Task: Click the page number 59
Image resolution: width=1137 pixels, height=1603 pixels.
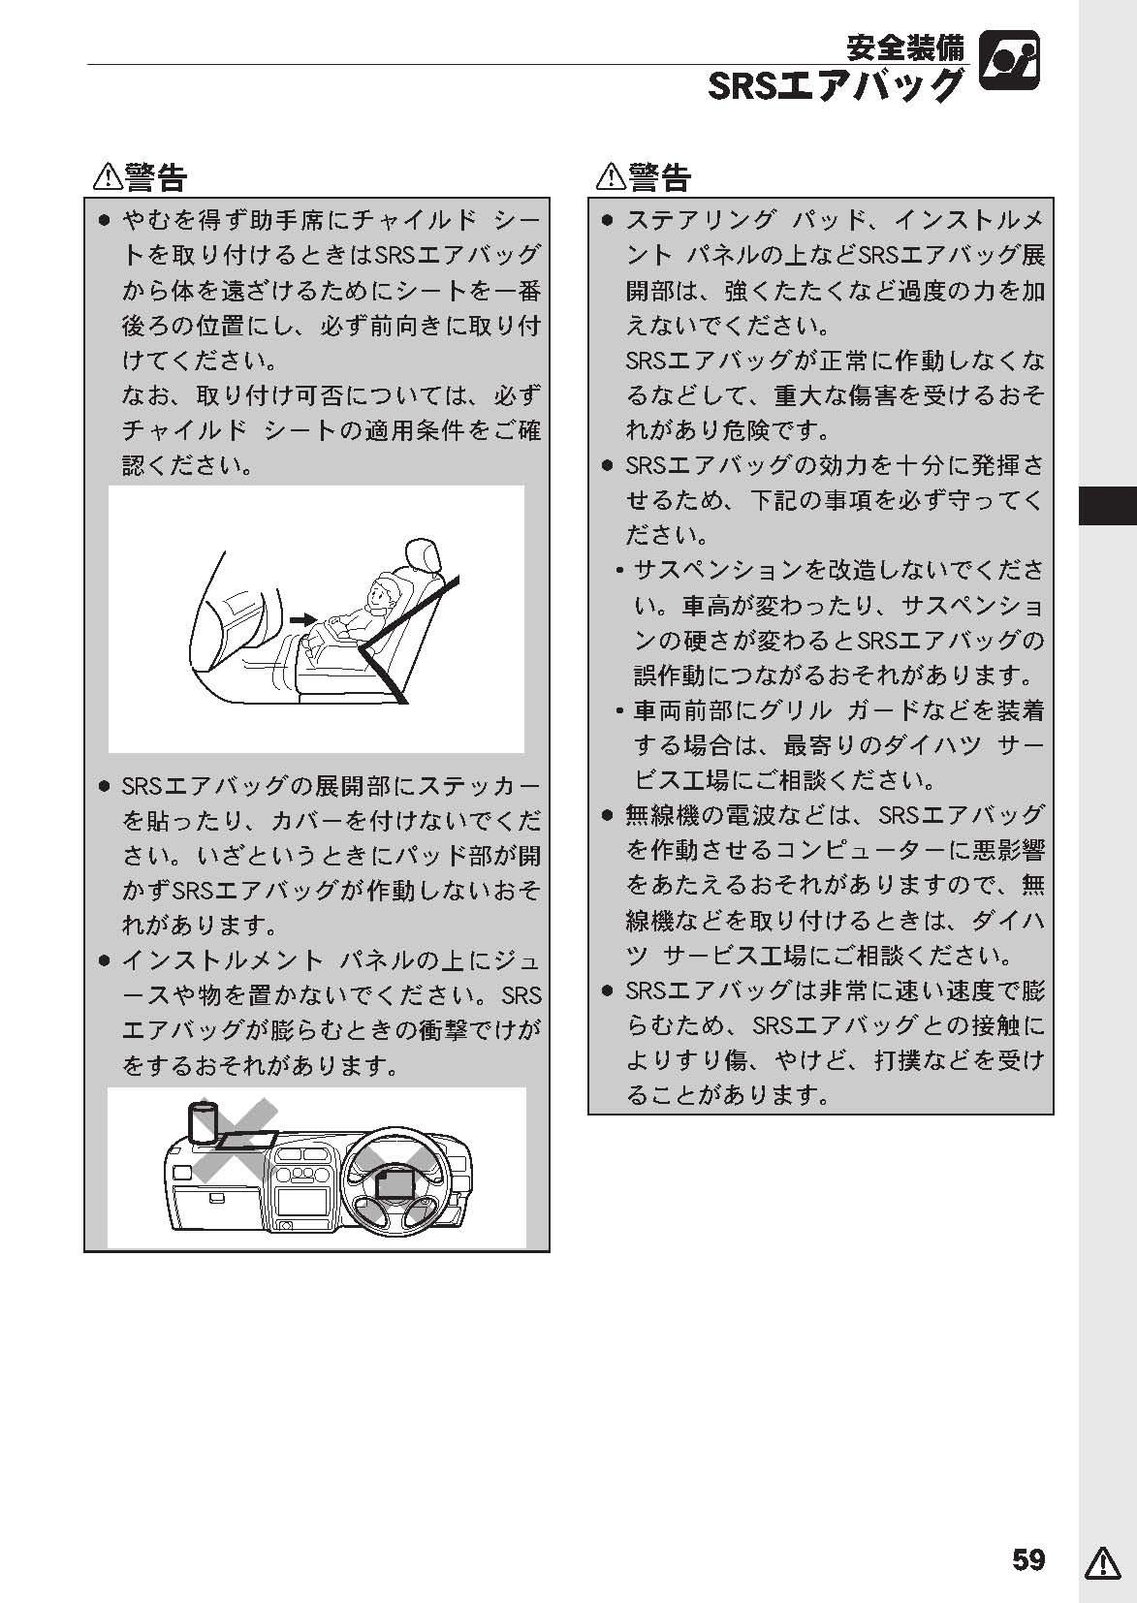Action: pyautogui.click(x=1028, y=1559)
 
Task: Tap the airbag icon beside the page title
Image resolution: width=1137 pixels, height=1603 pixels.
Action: pyautogui.click(x=1010, y=60)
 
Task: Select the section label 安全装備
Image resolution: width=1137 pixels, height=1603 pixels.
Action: pyautogui.click(x=905, y=47)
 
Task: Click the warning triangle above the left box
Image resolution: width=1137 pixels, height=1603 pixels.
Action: pyautogui.click(x=108, y=176)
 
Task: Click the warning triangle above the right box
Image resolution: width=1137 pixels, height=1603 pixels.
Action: pyautogui.click(x=612, y=176)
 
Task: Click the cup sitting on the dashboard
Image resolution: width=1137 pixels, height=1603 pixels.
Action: pyautogui.click(x=202, y=1122)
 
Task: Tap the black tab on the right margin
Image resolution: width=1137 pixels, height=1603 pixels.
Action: pyautogui.click(x=1108, y=506)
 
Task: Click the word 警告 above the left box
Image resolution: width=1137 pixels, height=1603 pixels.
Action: pyautogui.click(x=155, y=177)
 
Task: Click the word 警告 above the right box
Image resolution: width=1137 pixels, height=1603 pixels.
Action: pyautogui.click(x=659, y=177)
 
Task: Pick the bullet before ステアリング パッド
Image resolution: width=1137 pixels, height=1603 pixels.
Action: pyautogui.click(x=608, y=221)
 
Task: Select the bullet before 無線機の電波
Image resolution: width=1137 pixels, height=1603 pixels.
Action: pyautogui.click(x=608, y=815)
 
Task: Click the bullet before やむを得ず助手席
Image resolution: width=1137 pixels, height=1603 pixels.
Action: pyautogui.click(x=105, y=221)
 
